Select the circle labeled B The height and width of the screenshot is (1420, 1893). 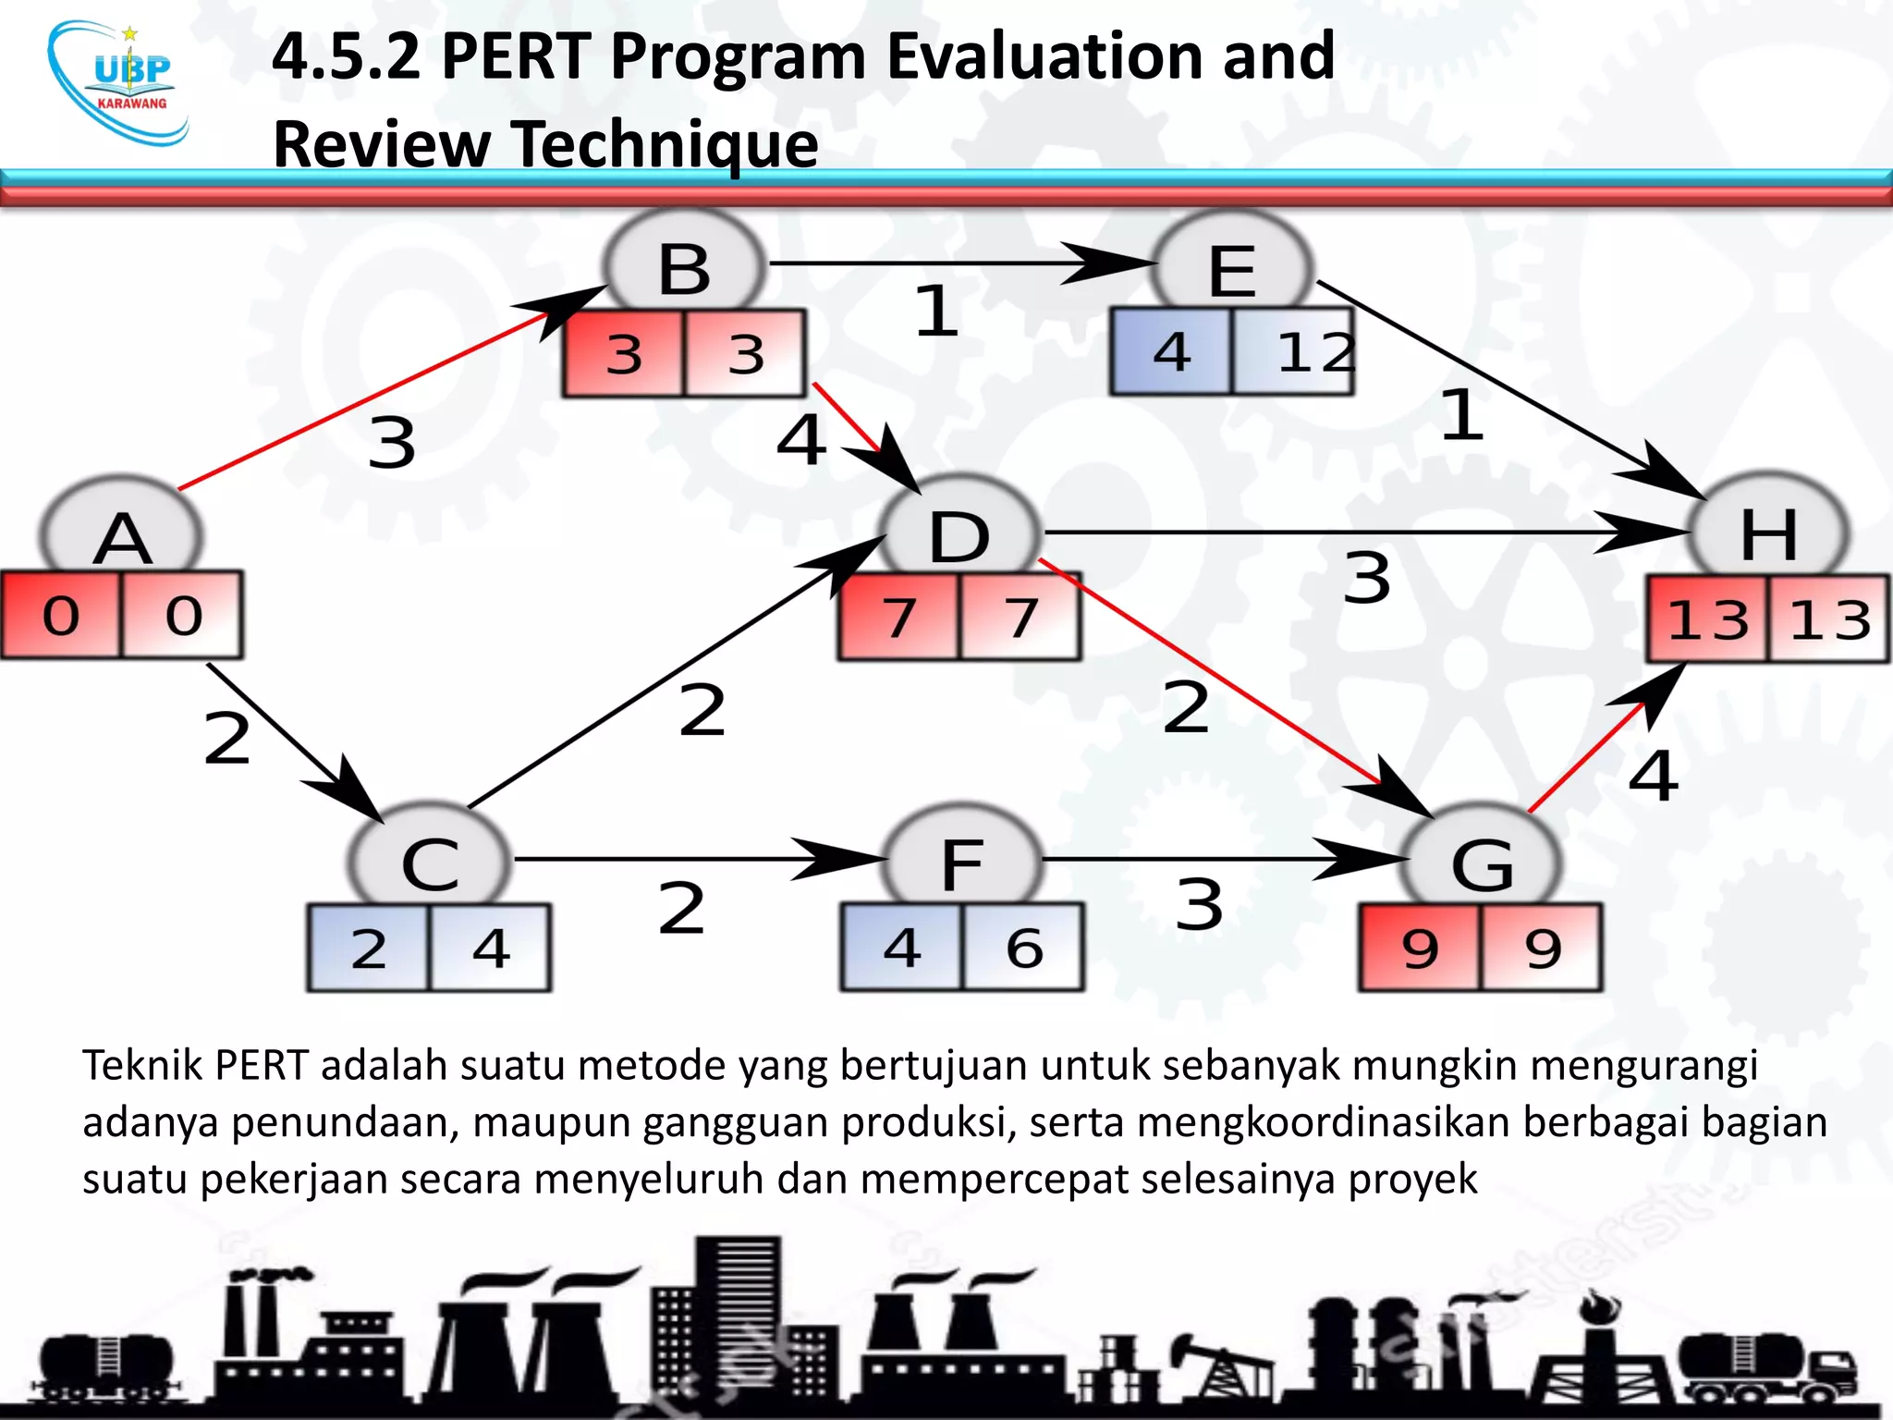[x=685, y=267]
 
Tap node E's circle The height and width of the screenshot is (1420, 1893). [x=1233, y=269]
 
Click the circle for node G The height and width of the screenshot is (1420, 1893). [x=1483, y=862]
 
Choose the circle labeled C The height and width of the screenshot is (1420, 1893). [x=430, y=862]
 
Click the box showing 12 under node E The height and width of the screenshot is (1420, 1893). [x=1294, y=352]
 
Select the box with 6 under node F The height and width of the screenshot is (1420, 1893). [x=1023, y=948]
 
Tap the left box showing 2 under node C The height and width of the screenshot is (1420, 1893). [x=369, y=949]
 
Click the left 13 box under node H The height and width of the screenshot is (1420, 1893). [x=1707, y=619]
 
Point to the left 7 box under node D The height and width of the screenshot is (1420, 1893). [x=899, y=617]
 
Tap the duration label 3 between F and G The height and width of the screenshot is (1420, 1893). [x=1200, y=904]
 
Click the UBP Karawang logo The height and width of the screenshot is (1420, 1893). [x=121, y=84]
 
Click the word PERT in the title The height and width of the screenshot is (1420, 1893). [x=516, y=57]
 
